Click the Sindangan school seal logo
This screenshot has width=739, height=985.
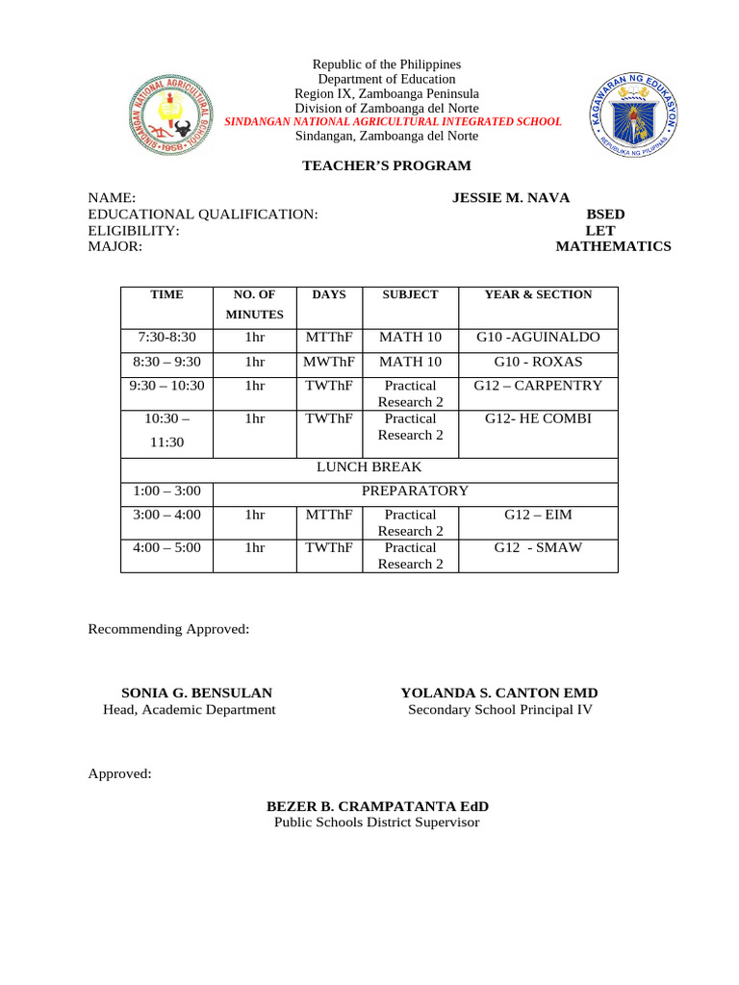[169, 116]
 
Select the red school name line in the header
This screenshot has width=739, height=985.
[393, 122]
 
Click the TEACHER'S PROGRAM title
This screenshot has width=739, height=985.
[387, 166]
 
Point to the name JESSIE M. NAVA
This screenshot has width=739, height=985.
[511, 198]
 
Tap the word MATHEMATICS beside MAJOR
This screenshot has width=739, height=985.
[613, 247]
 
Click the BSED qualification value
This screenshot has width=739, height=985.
[605, 215]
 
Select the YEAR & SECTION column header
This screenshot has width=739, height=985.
[538, 295]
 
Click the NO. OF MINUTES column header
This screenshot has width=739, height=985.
[254, 304]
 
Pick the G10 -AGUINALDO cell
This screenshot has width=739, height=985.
[538, 338]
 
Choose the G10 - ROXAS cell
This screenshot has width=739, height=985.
[538, 363]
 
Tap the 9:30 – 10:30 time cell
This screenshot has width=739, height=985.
[166, 386]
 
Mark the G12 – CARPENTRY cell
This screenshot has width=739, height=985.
[538, 386]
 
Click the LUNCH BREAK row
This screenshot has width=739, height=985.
[369, 467]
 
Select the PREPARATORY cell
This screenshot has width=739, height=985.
[415, 491]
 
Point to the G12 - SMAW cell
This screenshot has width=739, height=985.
[538, 547]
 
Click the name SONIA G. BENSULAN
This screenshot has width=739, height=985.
[196, 693]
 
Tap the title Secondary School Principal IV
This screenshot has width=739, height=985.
[500, 710]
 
